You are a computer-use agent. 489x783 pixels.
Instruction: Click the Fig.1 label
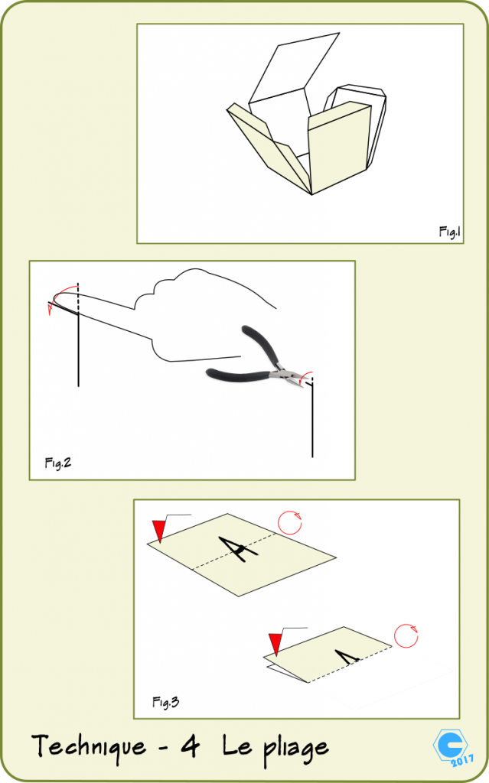(449, 230)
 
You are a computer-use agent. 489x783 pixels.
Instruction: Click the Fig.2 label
(57, 463)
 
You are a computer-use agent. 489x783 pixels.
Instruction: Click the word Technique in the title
(88, 746)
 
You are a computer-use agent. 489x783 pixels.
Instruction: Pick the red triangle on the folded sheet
(275, 643)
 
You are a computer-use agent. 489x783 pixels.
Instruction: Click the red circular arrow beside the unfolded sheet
(289, 523)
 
